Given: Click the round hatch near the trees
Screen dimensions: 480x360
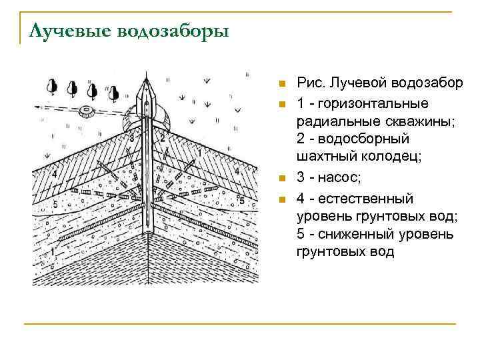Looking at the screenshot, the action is coord(85,110).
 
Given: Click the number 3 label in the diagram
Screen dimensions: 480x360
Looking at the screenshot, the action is coord(132,139).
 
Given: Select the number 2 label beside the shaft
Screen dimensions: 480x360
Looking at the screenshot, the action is coord(161,139).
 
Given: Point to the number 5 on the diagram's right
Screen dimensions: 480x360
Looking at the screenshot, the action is coord(241,201).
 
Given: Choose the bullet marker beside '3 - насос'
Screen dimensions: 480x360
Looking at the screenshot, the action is coord(282,179).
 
